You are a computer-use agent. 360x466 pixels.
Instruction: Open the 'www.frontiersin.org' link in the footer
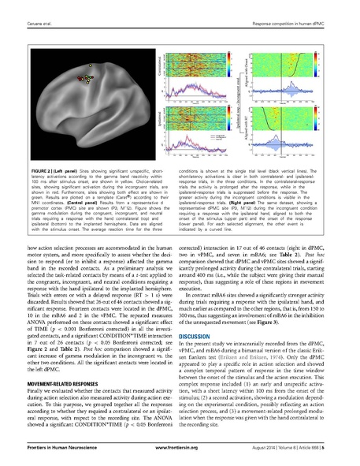point(180,457)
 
